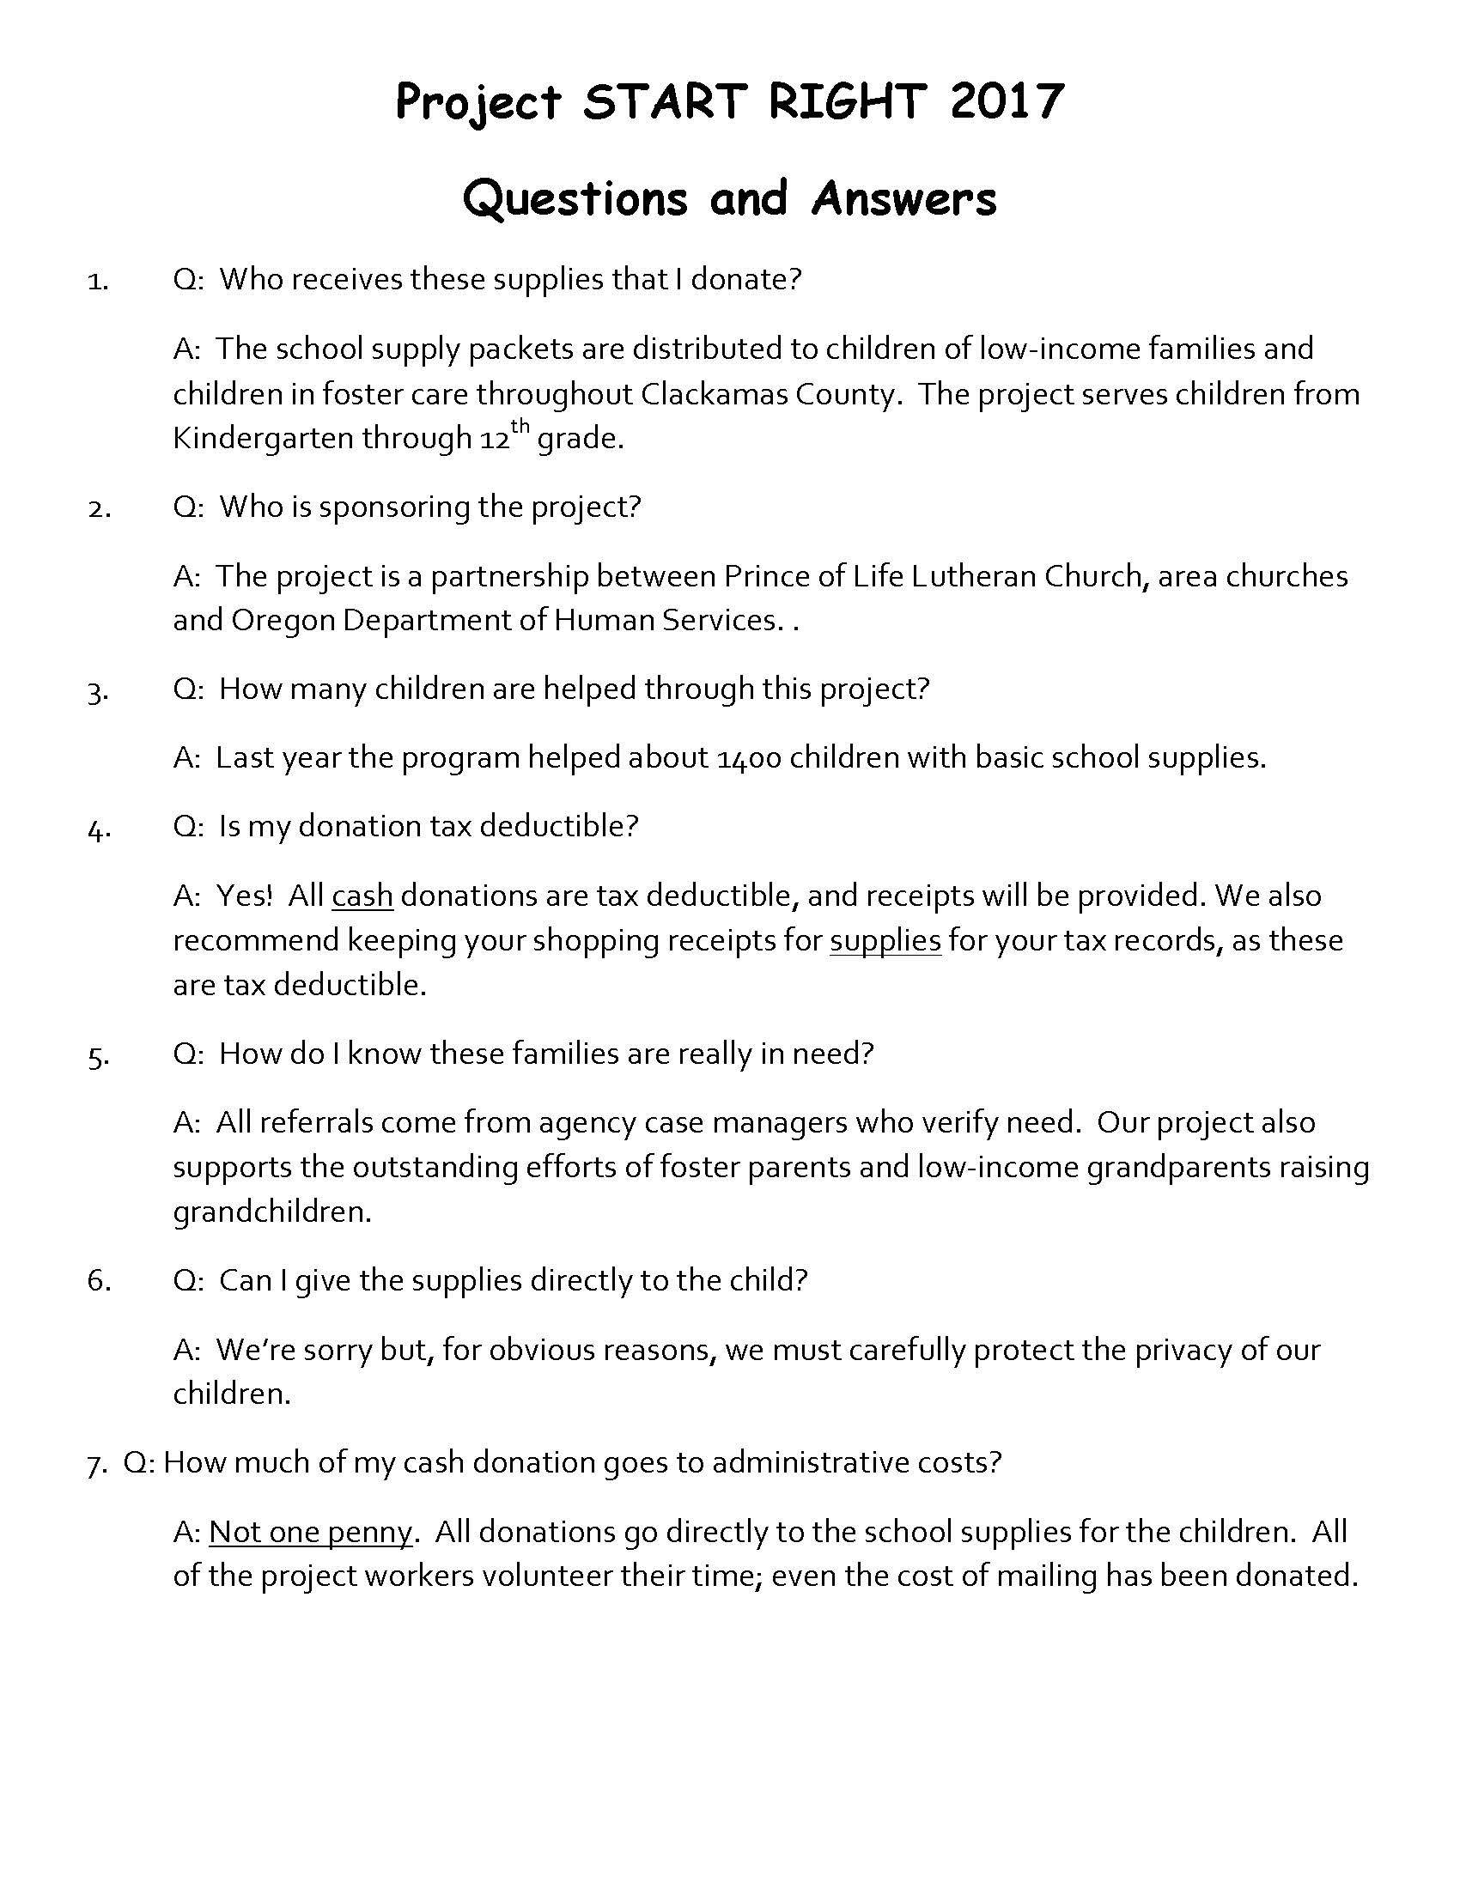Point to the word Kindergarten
click(263, 439)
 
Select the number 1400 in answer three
click(750, 757)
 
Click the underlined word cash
click(362, 896)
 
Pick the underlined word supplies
click(885, 940)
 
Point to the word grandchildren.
click(271, 1212)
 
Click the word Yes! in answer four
click(244, 896)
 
